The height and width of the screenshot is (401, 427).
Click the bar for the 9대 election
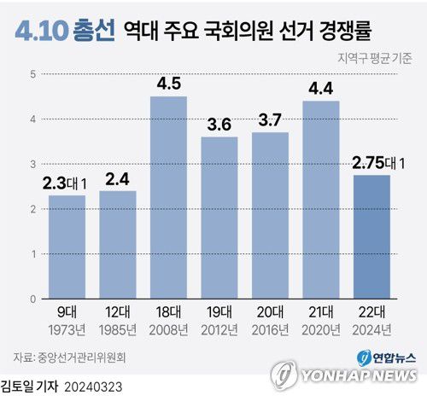pyautogui.click(x=67, y=247)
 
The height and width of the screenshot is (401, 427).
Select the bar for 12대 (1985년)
pyautogui.click(x=118, y=245)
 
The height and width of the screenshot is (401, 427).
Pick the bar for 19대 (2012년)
pyautogui.click(x=219, y=218)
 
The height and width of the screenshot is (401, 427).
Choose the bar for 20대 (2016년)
pyautogui.click(x=270, y=216)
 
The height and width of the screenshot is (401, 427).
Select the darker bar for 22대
pyautogui.click(x=371, y=237)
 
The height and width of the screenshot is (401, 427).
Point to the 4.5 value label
pyautogui.click(x=168, y=84)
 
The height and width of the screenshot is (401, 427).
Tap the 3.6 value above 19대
pyautogui.click(x=219, y=125)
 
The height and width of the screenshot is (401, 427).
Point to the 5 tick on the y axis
pyautogui.click(x=32, y=74)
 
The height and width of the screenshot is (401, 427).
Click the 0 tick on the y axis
pyautogui.click(x=32, y=299)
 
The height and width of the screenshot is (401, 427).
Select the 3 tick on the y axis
pyautogui.click(x=32, y=165)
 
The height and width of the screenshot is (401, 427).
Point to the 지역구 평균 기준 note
pyautogui.click(x=373, y=58)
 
